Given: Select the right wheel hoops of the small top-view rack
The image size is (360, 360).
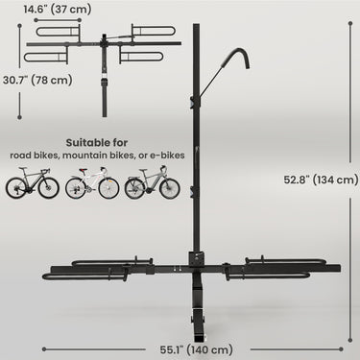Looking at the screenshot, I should point(149,45).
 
